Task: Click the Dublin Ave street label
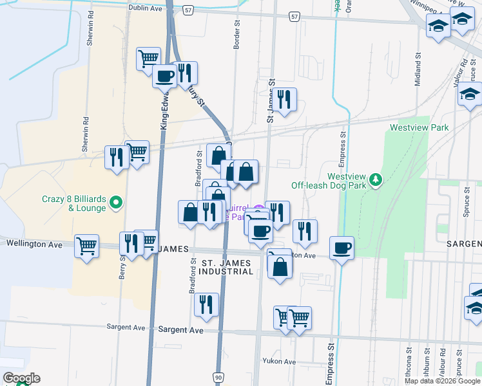[x=146, y=8]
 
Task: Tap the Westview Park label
[x=419, y=128]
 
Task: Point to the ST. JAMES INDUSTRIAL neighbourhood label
[x=227, y=268]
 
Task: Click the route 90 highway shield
[x=219, y=377]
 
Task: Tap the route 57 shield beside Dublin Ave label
[x=188, y=12]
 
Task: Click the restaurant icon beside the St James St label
[x=283, y=99]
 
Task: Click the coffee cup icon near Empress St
[x=342, y=247]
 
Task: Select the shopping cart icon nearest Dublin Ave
[x=148, y=58]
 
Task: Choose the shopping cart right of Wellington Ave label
[x=86, y=245]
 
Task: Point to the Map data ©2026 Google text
[x=443, y=381]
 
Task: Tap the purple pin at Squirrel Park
[x=258, y=210]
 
